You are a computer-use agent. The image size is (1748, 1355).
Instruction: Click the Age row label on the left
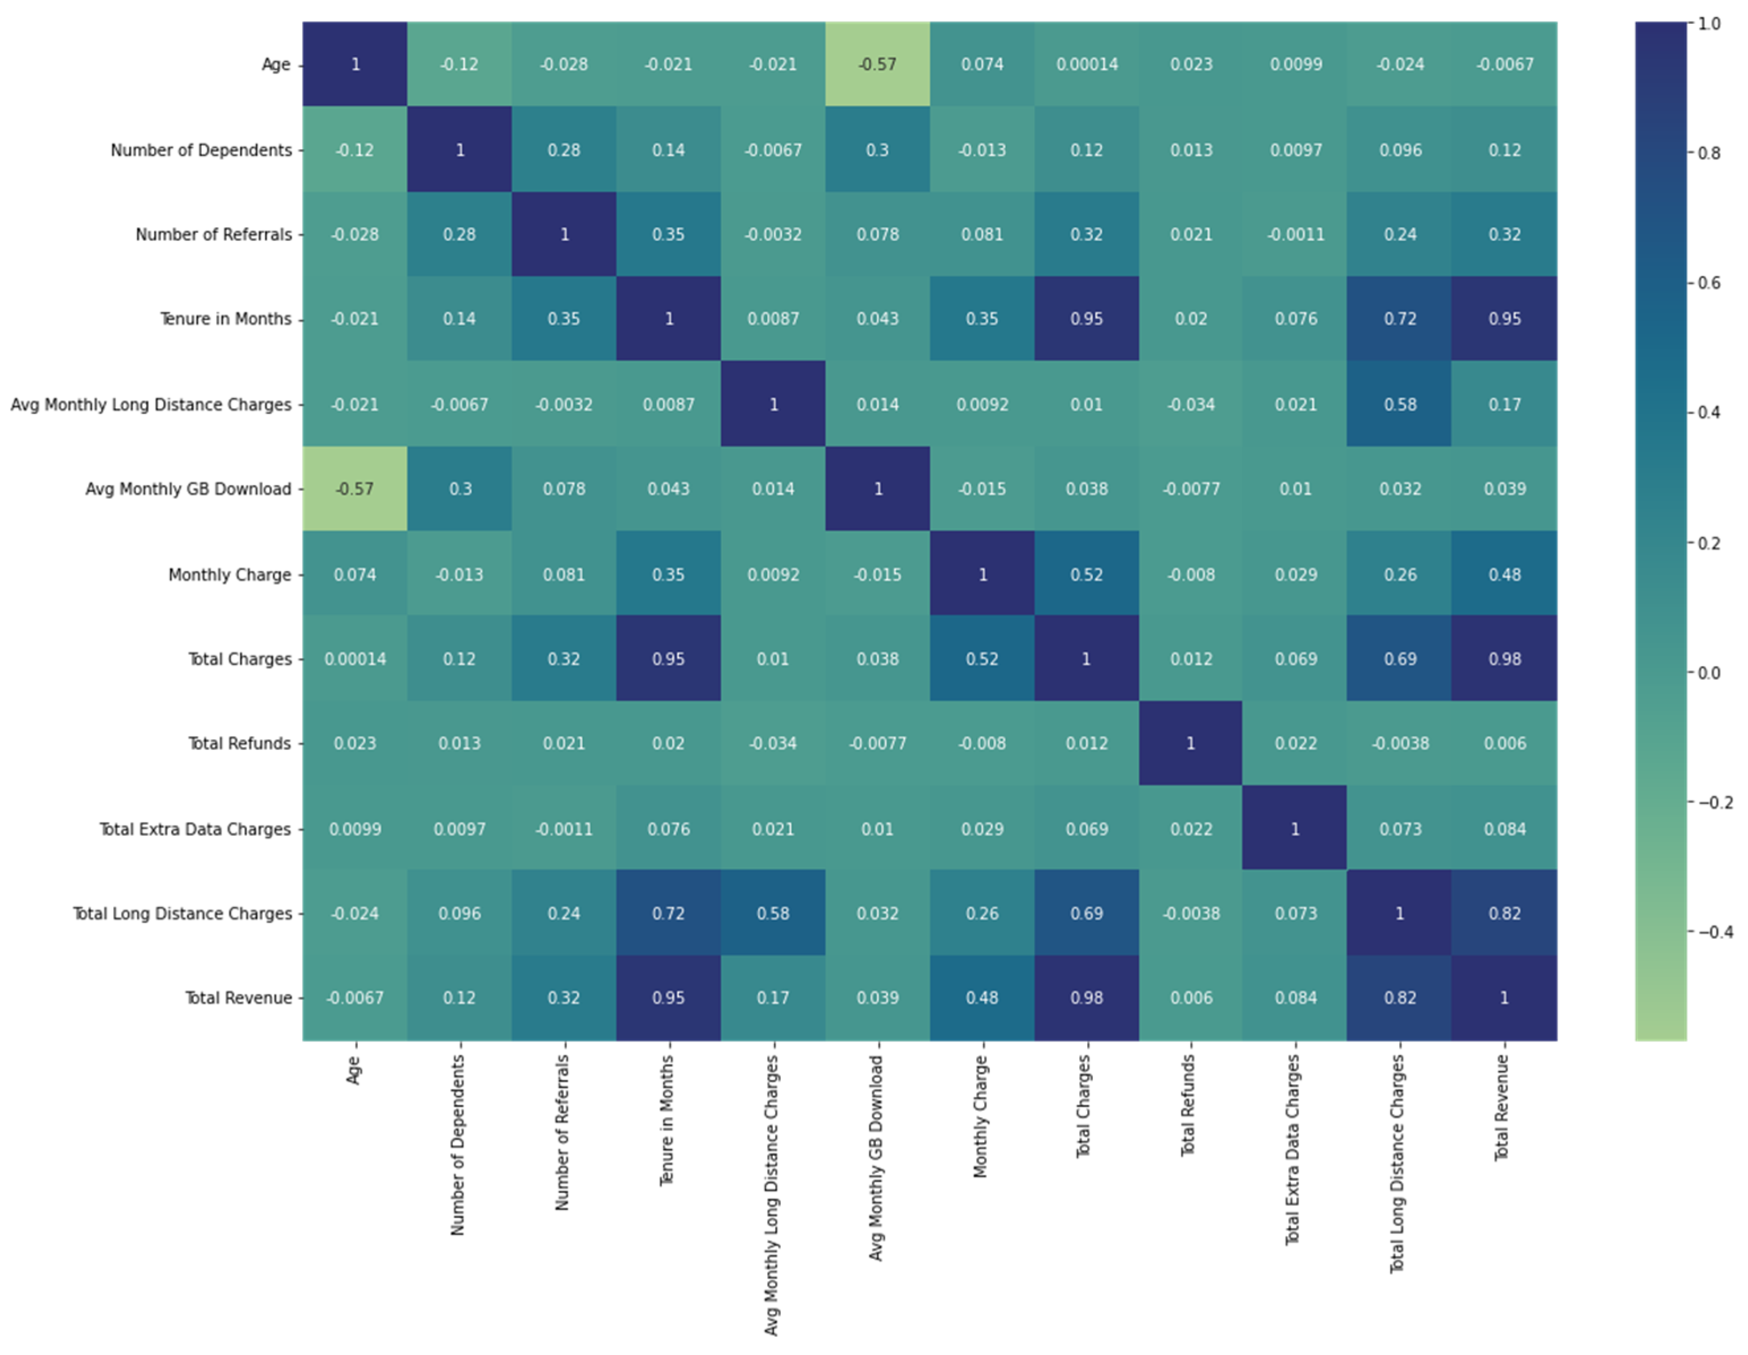pos(275,64)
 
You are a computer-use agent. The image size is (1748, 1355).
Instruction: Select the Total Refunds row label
pos(239,743)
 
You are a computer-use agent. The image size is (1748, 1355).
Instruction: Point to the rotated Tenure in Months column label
pos(667,1120)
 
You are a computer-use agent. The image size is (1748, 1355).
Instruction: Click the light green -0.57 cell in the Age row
pos(877,64)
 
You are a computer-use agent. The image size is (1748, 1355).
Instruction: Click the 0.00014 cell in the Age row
pos(1086,64)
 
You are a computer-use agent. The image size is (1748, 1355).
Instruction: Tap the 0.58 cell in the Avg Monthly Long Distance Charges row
pos(1400,404)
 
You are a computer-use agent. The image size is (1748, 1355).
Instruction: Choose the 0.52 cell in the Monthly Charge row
pos(1086,575)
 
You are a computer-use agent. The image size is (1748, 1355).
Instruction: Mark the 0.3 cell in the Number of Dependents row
pos(877,150)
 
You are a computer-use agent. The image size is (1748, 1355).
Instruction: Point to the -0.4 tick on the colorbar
pos(1715,932)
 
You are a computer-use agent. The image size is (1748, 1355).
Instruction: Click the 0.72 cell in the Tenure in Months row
pos(1400,319)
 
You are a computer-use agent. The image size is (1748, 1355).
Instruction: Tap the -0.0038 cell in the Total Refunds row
pos(1400,743)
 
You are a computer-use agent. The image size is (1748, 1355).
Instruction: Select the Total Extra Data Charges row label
pos(194,829)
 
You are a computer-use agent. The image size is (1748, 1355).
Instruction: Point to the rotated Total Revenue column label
pos(1502,1108)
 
